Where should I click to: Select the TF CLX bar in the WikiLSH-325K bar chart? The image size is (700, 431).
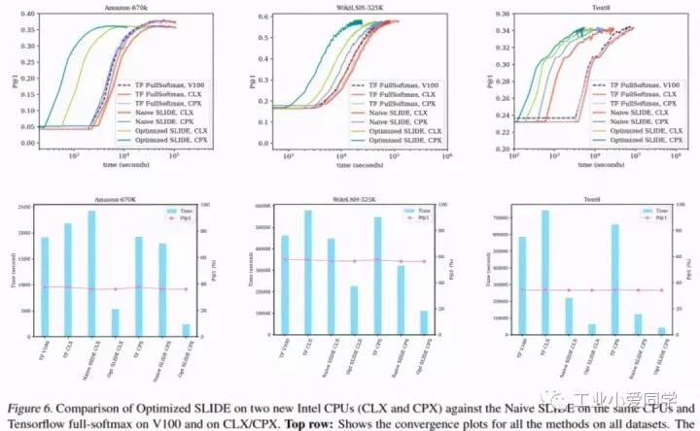pos(307,273)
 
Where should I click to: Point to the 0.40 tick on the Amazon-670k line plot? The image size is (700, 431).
pos(28,15)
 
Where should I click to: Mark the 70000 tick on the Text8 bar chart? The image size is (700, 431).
pos(492,217)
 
